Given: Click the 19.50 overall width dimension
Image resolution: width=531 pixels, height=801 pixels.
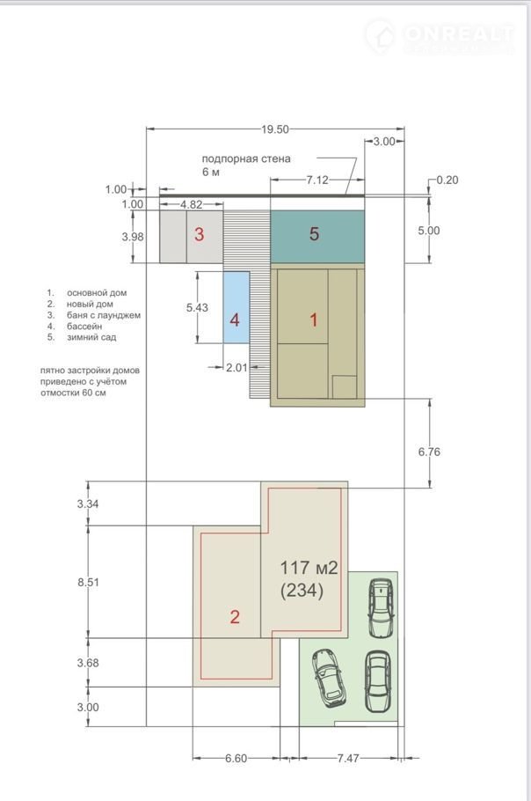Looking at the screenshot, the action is click(275, 129).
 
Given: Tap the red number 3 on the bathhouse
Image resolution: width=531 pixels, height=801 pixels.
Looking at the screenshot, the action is click(199, 234).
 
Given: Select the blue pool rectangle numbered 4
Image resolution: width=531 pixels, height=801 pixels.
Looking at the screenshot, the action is click(236, 307).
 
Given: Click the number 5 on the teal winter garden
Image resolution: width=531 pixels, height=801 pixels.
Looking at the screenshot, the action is click(314, 234).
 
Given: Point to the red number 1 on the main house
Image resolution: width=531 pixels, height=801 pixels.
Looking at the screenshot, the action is click(314, 320).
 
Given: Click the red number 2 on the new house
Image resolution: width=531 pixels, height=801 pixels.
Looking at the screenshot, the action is click(235, 616).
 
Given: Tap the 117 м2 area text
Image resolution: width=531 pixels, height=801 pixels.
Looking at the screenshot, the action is click(309, 568).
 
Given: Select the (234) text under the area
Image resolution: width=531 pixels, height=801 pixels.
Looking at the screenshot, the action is click(302, 591).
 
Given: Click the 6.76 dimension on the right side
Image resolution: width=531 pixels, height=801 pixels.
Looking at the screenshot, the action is click(429, 452).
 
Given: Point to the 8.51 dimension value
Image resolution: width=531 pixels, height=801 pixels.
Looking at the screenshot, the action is click(88, 582).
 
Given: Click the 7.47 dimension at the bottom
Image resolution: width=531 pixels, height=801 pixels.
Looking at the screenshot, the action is click(348, 758).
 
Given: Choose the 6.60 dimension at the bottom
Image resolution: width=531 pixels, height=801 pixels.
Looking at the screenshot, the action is click(236, 758).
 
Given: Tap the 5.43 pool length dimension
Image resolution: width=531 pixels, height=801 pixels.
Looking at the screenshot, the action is click(197, 307).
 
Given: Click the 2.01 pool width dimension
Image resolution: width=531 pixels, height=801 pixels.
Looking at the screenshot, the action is click(236, 367).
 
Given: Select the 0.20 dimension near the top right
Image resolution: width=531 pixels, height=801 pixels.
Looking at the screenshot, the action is click(447, 180).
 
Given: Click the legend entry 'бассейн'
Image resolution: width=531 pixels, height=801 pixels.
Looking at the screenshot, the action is click(84, 326).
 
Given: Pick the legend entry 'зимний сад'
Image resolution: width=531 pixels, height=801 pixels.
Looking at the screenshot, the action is click(91, 337).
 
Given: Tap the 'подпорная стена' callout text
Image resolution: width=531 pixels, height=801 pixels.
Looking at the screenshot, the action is click(246, 158).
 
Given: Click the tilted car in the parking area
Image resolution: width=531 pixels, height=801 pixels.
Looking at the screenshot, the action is click(329, 679).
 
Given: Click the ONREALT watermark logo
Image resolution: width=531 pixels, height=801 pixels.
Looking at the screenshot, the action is click(440, 36).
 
